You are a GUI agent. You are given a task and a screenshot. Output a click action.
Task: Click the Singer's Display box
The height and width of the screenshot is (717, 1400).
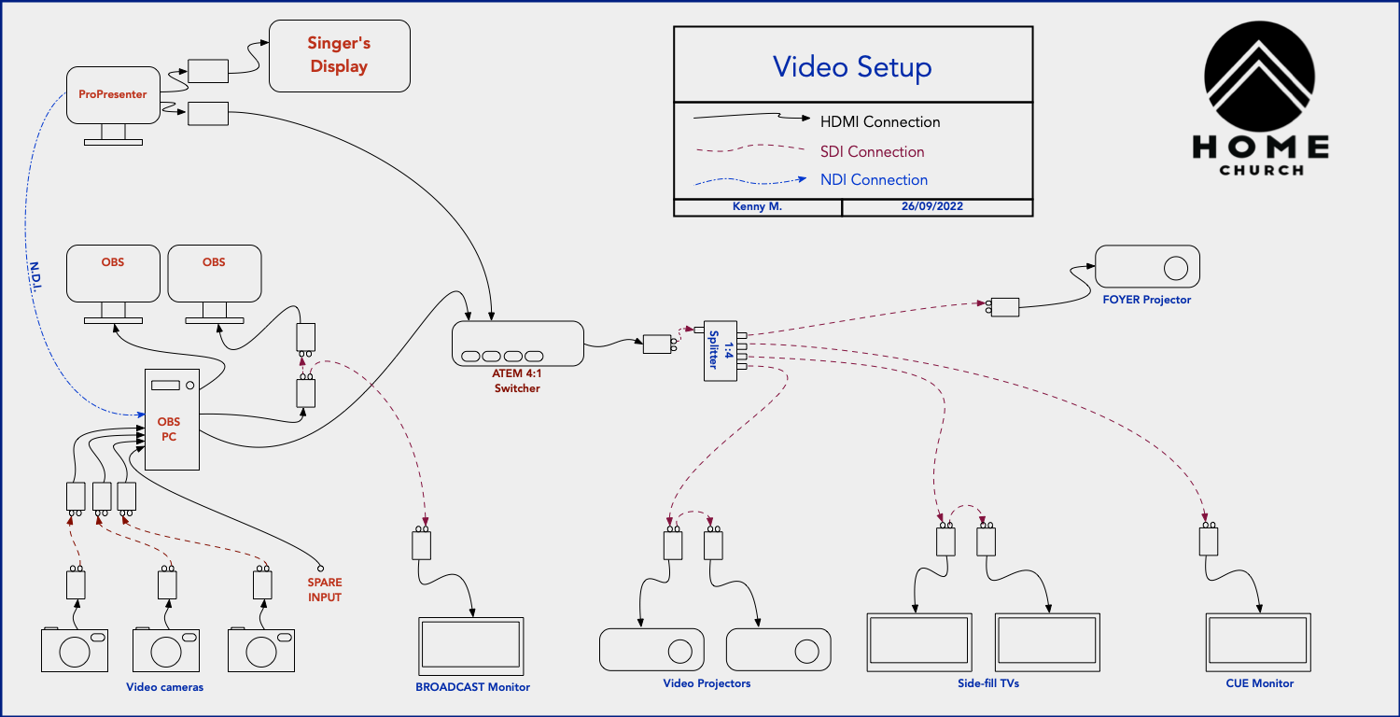click(339, 56)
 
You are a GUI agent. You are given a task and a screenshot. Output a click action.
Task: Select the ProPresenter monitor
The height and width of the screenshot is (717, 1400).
click(113, 95)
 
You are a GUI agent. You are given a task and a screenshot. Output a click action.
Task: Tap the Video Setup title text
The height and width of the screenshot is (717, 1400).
click(852, 66)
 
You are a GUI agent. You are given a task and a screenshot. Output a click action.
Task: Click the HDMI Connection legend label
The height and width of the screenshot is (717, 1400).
click(879, 122)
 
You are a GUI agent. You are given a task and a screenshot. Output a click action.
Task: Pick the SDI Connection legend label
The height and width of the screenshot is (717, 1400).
click(872, 151)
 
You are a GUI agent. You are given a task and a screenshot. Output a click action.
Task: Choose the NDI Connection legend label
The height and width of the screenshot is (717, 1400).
click(874, 179)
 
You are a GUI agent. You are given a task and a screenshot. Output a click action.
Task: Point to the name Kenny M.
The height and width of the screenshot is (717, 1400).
click(756, 207)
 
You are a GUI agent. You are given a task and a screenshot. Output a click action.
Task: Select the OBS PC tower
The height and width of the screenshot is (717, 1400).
click(172, 419)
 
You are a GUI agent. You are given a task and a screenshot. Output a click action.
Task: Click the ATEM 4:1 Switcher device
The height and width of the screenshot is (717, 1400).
click(517, 344)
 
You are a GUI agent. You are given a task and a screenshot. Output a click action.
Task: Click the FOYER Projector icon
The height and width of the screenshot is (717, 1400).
click(1147, 267)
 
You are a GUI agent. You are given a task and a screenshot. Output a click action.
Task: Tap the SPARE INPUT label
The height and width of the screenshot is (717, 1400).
click(325, 589)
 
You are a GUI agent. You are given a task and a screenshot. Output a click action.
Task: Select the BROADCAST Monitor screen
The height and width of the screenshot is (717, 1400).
click(471, 645)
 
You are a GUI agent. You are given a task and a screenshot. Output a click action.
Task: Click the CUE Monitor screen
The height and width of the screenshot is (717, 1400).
click(1258, 641)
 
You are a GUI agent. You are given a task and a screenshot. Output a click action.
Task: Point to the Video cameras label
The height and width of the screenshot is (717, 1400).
click(164, 687)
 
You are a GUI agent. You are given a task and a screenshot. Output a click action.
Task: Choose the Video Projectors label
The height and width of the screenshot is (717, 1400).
click(707, 683)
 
